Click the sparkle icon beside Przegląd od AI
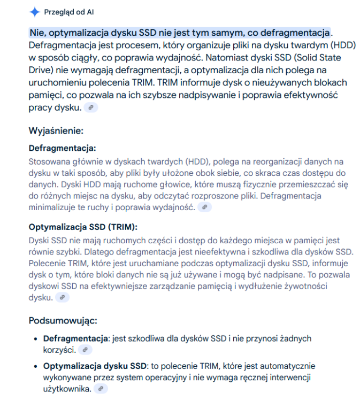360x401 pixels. pos(34,12)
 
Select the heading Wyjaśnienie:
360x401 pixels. pos(56,130)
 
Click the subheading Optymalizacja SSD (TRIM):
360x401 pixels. pos(83,226)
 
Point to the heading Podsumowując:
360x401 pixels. pos(62,321)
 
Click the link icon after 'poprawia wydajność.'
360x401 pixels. pos(204,207)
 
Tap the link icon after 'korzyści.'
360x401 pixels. pos(85,350)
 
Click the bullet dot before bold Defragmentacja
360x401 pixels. pos(35,339)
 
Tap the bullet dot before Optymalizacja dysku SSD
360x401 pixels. pos(35,366)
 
